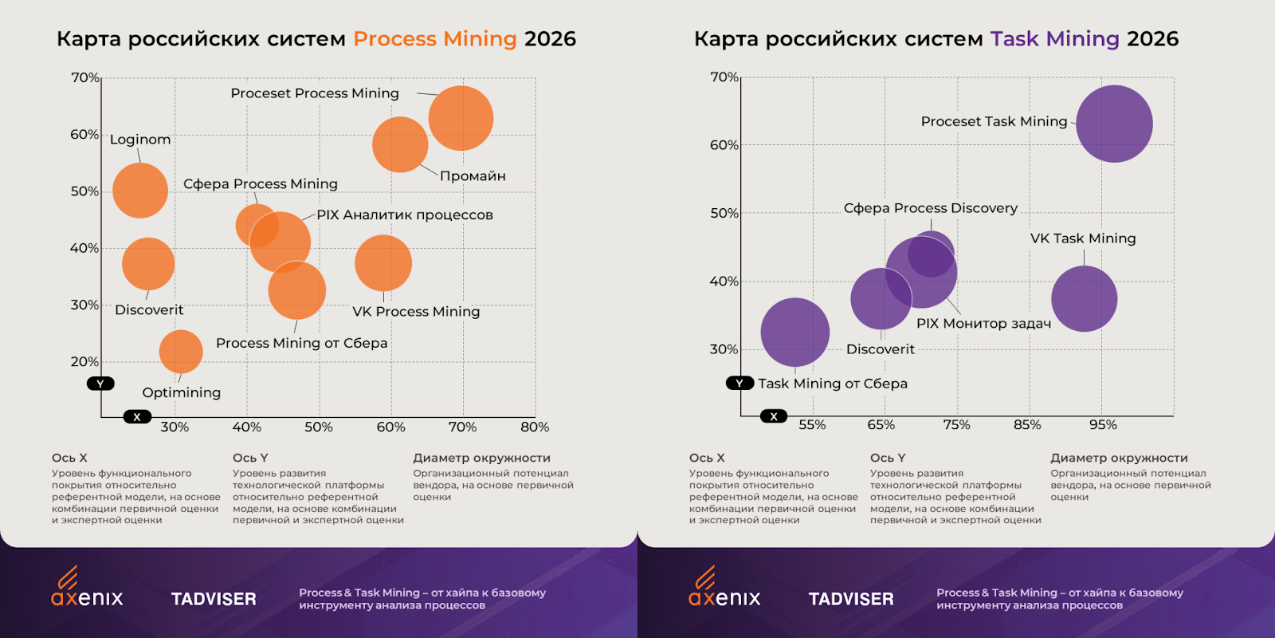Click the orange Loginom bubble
click(140, 191)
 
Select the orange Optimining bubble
click(181, 352)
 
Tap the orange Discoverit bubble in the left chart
click(148, 264)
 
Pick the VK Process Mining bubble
click(383, 263)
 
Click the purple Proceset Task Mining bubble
click(1114, 124)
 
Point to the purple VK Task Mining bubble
click(1084, 299)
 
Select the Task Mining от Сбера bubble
click(794, 333)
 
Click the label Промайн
click(473, 176)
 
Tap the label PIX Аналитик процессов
click(405, 215)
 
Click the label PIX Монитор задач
click(983, 324)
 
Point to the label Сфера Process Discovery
click(930, 208)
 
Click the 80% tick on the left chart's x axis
click(535, 427)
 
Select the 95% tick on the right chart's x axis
click(1103, 425)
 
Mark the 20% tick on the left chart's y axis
click(84, 362)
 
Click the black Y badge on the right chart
click(739, 384)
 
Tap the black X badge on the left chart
click(137, 417)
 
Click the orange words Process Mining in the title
click(435, 39)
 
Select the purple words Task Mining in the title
click(1054, 39)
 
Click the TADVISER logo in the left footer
click(214, 599)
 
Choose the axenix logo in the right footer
click(724, 590)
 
